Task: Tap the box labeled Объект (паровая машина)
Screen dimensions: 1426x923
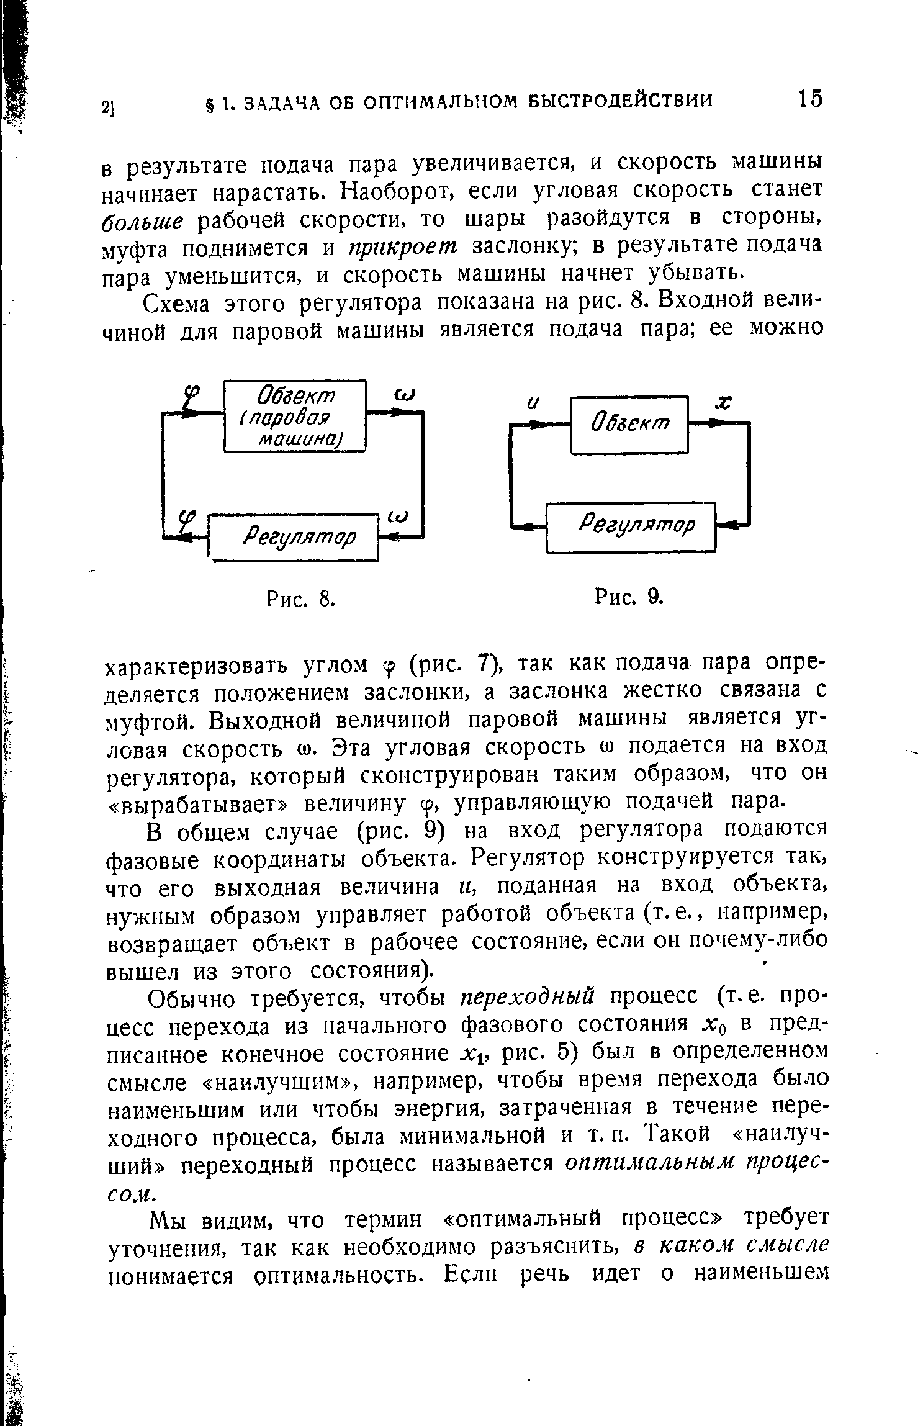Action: (295, 415)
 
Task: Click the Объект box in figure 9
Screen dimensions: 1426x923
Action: (629, 425)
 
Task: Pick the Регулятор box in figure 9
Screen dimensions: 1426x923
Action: (631, 526)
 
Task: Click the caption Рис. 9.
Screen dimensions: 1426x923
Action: (629, 597)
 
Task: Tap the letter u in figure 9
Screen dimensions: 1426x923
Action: (533, 404)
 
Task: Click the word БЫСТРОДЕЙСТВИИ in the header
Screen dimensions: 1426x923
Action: (621, 101)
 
